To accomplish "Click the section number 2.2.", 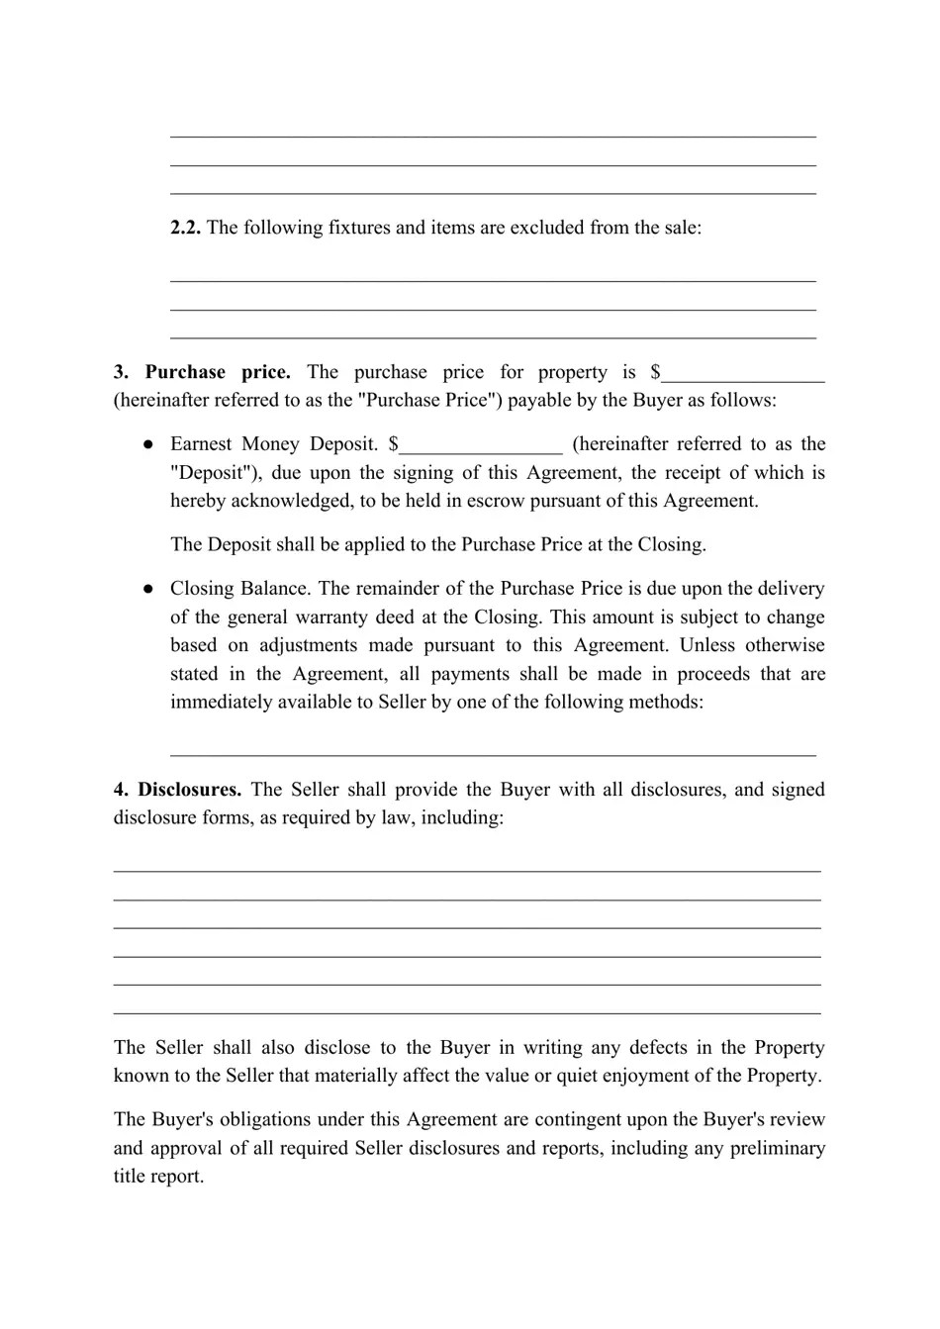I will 185,228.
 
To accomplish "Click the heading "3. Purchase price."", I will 202,372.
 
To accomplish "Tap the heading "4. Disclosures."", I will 177,790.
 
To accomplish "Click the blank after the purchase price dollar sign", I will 743,374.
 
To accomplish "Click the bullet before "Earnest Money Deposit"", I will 147,444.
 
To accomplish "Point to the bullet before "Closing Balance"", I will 147,589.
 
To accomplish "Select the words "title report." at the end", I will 158,1177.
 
